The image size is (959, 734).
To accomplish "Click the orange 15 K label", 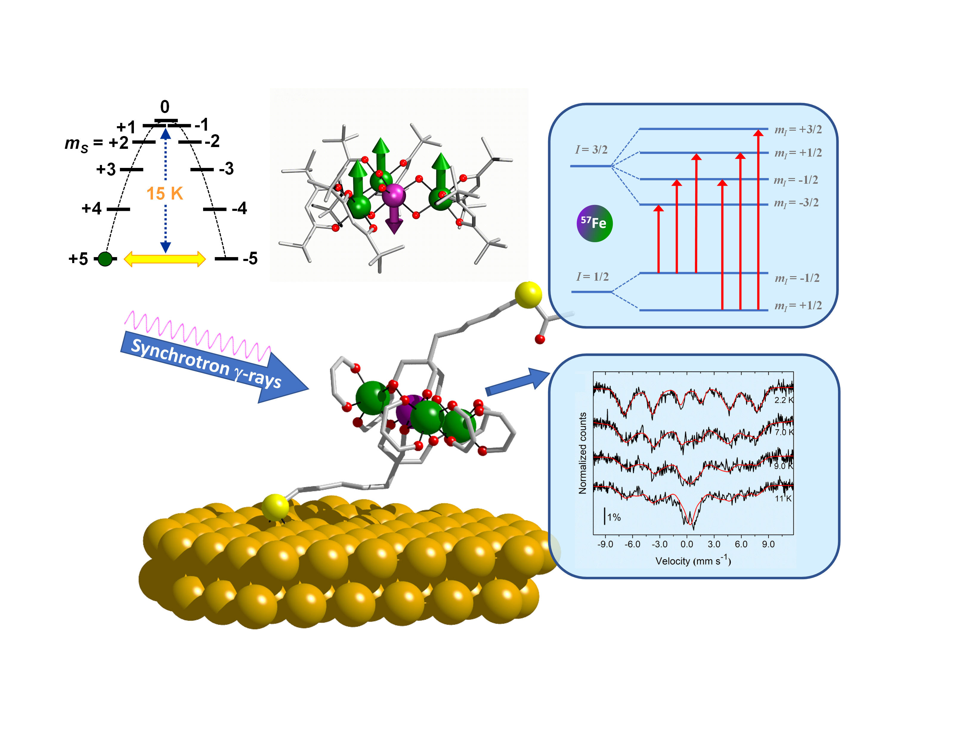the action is [165, 194].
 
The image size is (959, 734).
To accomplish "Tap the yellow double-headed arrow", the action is [165, 259].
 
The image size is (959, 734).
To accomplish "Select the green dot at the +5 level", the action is [105, 259].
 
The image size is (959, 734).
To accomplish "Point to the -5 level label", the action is [250, 259].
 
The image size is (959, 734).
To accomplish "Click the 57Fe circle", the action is [594, 223].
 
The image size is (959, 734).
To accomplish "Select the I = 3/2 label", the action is [591, 149].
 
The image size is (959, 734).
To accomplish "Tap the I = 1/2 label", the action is [592, 276].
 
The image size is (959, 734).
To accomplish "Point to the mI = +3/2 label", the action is [798, 130].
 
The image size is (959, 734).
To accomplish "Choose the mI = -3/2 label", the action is [796, 203].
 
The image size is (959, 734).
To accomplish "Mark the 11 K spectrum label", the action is [783, 498].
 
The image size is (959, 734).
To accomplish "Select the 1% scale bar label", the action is [614, 517].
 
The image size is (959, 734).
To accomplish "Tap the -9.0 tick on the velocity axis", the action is [605, 544].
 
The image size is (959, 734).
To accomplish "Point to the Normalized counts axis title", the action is [583, 453].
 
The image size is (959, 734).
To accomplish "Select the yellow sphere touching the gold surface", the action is [276, 507].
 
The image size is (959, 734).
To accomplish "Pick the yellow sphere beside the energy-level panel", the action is [528, 295].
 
